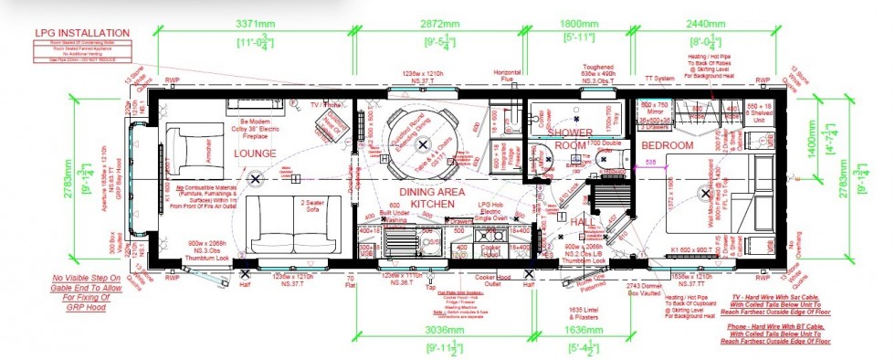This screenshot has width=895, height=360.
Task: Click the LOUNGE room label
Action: [x=255, y=154]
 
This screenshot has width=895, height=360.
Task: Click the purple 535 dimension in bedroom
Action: [x=650, y=162]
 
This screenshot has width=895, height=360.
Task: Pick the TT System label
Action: [x=658, y=79]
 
